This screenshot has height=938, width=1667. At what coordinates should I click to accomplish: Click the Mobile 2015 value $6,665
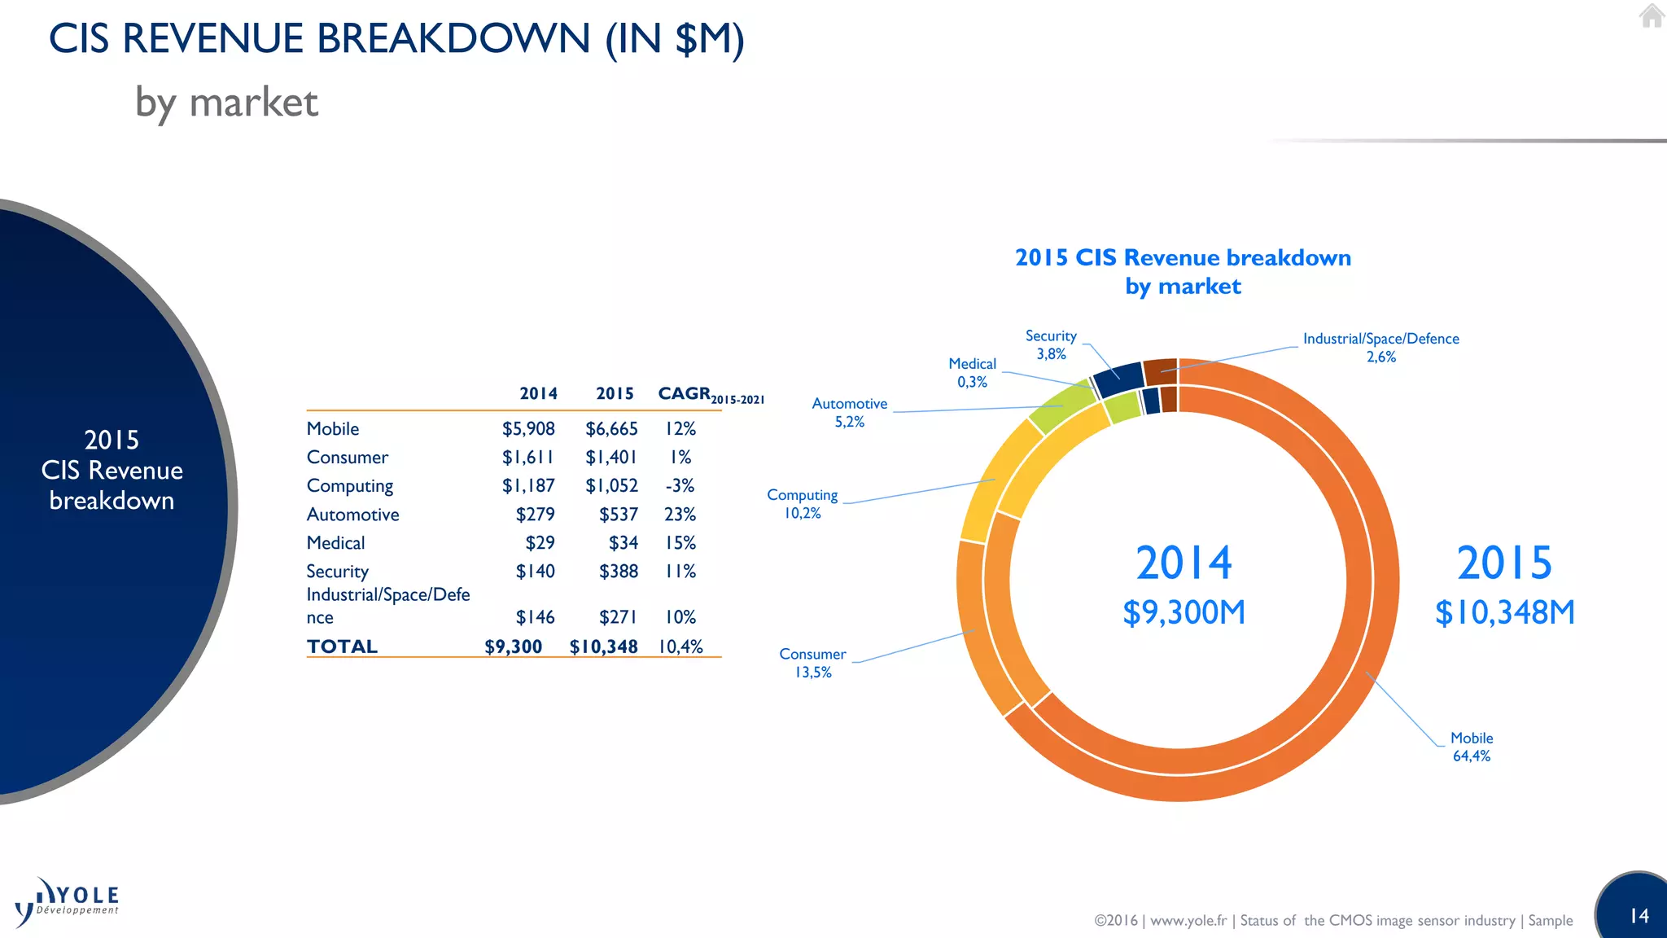[611, 429]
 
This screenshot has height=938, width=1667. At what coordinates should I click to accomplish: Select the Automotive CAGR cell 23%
[680, 515]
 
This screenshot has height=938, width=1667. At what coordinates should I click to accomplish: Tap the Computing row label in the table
[350, 486]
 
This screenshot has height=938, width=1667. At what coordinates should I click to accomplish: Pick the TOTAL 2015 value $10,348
[603, 647]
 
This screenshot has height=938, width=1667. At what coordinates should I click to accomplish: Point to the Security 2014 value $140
[535, 572]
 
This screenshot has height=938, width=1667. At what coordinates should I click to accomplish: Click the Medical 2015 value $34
[623, 543]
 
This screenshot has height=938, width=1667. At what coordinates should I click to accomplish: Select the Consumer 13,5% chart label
[812, 663]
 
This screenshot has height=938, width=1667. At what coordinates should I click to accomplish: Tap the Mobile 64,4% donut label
[1472, 747]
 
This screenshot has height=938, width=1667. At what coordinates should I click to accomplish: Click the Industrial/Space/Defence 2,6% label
[1380, 347]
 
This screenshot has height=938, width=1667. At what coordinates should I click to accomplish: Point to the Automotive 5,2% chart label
[849, 412]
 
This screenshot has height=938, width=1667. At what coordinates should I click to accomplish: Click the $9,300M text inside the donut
[1184, 612]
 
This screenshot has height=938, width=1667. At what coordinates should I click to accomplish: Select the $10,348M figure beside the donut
[1504, 612]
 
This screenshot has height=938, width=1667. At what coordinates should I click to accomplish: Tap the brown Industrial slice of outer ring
[1160, 370]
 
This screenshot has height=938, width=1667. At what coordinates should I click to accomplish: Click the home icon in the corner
[1651, 15]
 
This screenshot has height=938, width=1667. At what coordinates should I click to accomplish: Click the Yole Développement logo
[68, 902]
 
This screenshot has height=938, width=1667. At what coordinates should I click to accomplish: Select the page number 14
[1639, 916]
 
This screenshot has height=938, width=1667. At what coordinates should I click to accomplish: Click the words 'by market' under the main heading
[226, 103]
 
